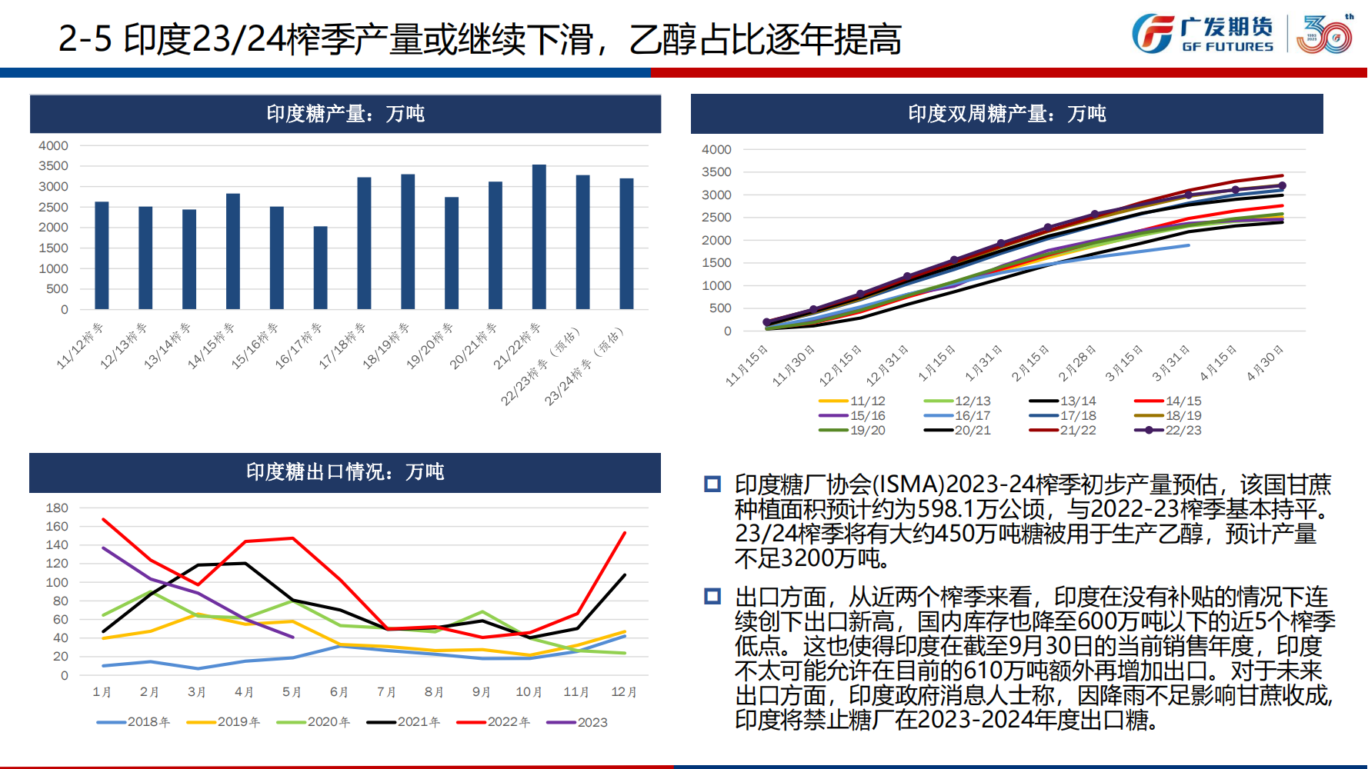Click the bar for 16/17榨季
point(320,268)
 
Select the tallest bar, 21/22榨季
point(539,237)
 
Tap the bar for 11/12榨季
point(102,255)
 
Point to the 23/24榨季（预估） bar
point(627,244)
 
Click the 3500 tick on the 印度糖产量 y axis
point(53,166)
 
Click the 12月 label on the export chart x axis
point(624,692)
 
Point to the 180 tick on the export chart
point(57,508)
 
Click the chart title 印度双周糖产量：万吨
point(1006,114)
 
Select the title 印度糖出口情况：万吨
point(345,472)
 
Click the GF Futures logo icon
point(1153,34)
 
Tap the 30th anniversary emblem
point(1323,34)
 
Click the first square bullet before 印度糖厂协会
point(712,484)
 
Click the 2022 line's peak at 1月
point(103,520)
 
